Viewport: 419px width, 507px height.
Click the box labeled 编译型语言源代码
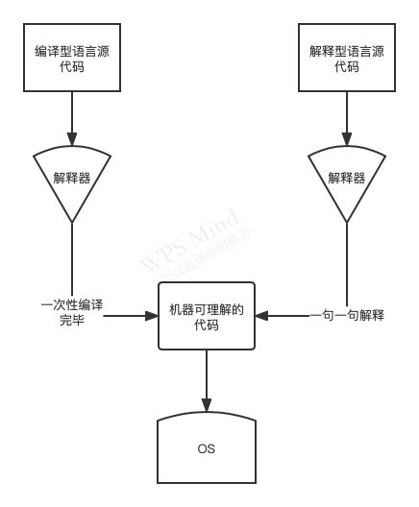click(73, 59)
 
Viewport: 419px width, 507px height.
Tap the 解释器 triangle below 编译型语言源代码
click(73, 177)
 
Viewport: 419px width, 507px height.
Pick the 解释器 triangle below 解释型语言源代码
click(346, 177)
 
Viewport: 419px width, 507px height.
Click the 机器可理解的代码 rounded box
click(207, 318)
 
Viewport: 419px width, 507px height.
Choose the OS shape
click(207, 448)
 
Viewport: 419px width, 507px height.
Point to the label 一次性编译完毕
click(72, 312)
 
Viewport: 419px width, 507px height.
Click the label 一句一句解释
click(346, 314)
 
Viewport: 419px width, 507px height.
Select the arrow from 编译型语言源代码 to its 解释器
click(73, 120)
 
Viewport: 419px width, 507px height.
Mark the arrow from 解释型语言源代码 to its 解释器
click(346, 120)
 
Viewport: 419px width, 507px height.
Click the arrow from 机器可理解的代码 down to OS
click(207, 384)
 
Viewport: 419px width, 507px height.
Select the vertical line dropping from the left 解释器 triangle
click(73, 259)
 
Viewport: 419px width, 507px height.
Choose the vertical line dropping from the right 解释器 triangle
click(346, 264)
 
